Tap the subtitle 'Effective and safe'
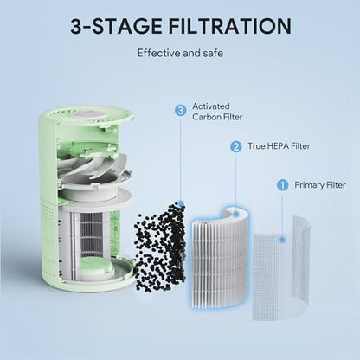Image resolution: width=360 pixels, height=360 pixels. point(179,53)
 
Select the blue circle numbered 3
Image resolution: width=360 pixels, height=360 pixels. point(180,110)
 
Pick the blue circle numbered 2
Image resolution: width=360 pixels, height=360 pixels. point(235,147)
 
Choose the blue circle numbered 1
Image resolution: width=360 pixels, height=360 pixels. point(281,184)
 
